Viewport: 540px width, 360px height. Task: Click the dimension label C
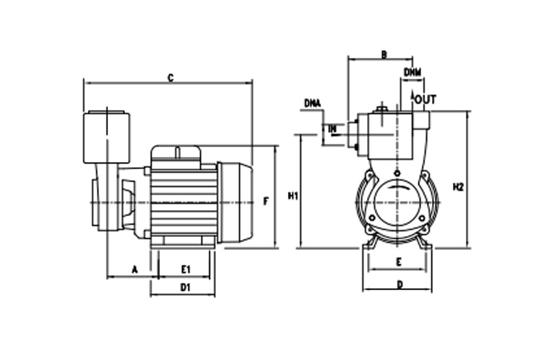coord(171,78)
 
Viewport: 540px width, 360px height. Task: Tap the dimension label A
coord(135,269)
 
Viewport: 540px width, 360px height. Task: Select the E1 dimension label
coord(186,269)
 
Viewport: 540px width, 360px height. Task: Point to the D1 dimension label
coord(185,287)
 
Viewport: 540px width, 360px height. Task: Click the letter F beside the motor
coord(266,201)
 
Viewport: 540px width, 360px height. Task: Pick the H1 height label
coord(292,196)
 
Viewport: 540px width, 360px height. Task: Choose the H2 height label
coord(458,187)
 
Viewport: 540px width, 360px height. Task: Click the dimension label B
coord(384,55)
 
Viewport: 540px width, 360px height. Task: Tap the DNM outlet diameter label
coord(413,72)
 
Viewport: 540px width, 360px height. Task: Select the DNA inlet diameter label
coord(312,103)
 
